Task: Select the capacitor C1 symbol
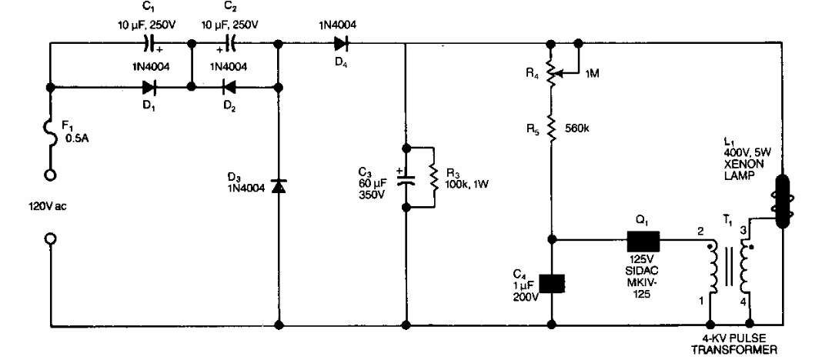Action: point(151,44)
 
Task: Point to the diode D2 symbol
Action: point(227,88)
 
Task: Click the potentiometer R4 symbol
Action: point(552,75)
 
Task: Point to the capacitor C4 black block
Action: point(552,283)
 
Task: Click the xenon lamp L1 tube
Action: point(782,202)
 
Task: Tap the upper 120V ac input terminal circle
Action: point(50,175)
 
